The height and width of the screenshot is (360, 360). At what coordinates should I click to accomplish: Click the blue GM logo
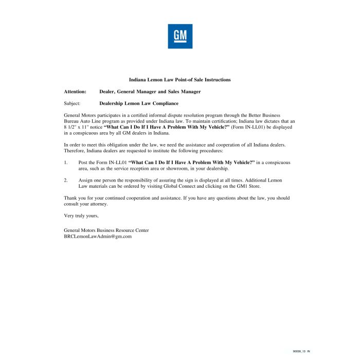click(x=180, y=36)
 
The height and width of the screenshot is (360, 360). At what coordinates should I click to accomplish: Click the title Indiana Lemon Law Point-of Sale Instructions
click(x=179, y=80)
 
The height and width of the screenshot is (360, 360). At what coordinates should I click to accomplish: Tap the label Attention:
click(x=75, y=92)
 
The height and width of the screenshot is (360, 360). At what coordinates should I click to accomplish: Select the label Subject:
click(x=72, y=103)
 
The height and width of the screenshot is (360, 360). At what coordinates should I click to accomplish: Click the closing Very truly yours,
click(x=81, y=215)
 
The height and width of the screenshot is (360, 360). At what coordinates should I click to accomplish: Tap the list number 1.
click(x=66, y=163)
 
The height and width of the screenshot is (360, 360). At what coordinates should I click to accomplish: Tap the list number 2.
click(x=66, y=181)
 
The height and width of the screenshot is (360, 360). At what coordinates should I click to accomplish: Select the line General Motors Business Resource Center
click(x=106, y=230)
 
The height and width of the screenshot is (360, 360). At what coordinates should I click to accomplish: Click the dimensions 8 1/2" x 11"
click(x=77, y=127)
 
